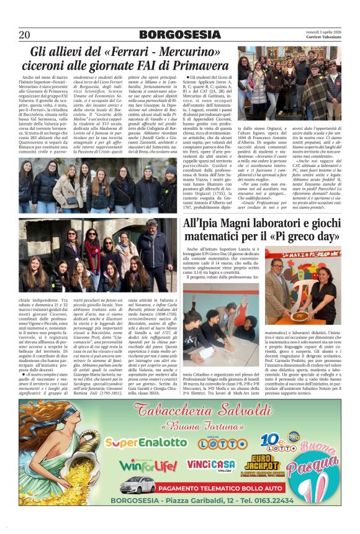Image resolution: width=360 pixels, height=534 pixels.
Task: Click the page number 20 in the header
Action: click(25, 34)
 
